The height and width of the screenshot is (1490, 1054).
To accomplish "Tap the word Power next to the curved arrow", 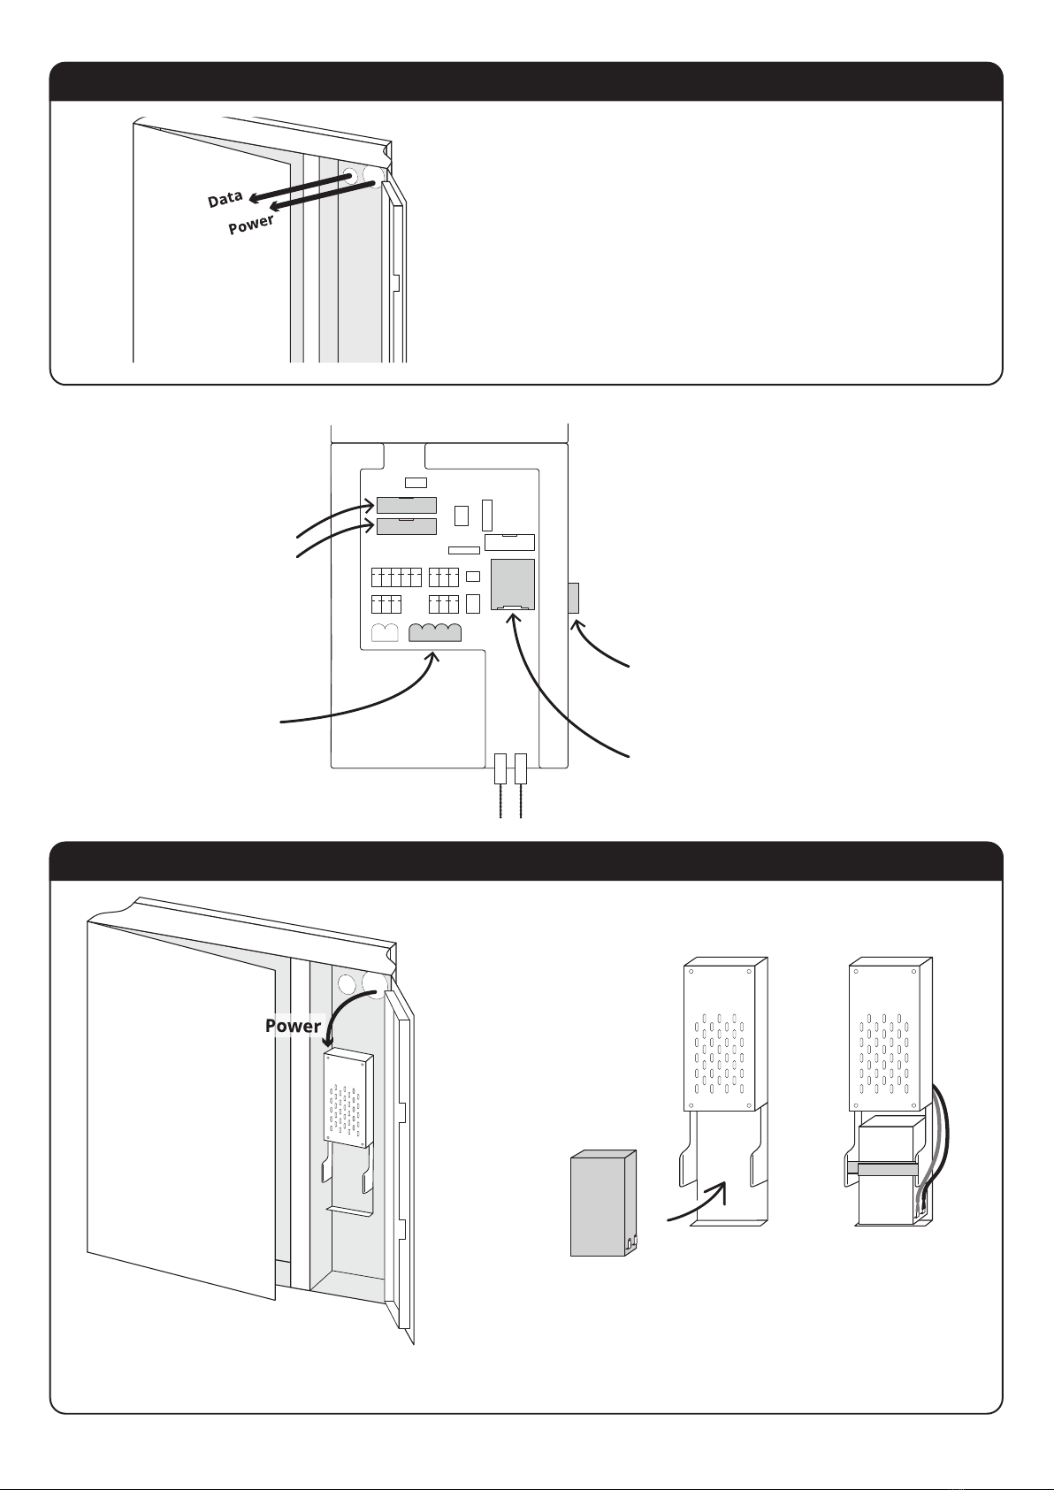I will (x=293, y=1026).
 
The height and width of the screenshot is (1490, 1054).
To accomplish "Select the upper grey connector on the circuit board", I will (x=406, y=505).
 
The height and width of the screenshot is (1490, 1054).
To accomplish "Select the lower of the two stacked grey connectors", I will (x=406, y=527).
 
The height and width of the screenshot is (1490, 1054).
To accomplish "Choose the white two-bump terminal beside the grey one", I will (x=386, y=633).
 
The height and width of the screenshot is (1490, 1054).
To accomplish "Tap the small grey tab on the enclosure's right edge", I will (x=572, y=598).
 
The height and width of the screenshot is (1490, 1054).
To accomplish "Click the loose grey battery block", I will (x=603, y=1203).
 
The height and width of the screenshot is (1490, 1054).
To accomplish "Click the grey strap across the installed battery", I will (x=884, y=1169).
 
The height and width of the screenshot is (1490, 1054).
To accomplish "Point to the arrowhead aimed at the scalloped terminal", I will (x=434, y=657).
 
